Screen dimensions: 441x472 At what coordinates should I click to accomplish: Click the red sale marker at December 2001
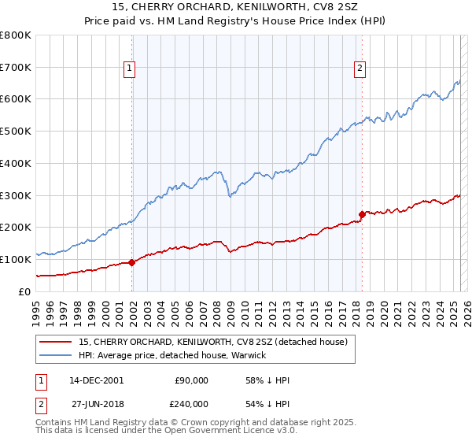[131, 263]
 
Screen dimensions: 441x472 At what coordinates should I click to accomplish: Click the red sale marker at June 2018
[362, 213]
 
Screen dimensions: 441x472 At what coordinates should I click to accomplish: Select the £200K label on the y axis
[17, 227]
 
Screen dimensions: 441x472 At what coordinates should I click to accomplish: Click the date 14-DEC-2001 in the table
[96, 380]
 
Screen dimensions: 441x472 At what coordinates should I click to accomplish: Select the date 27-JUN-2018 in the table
[97, 402]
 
